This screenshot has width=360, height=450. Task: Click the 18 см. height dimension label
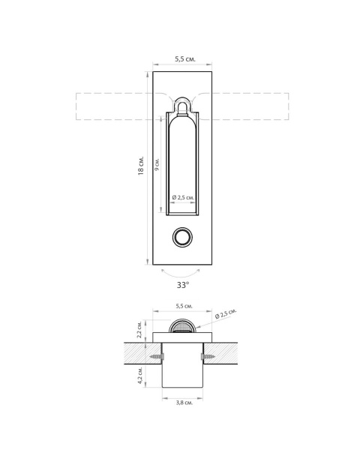pyautogui.click(x=141, y=166)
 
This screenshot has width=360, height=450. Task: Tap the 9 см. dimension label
pyautogui.click(x=157, y=165)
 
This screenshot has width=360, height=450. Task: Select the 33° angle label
pyautogui.click(x=182, y=285)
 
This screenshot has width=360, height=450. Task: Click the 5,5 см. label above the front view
pyautogui.click(x=185, y=59)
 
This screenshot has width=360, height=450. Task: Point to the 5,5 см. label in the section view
pyautogui.click(x=184, y=306)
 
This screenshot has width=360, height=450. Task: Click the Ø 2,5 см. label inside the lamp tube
pyautogui.click(x=183, y=197)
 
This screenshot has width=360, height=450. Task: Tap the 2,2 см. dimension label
pyautogui.click(x=139, y=329)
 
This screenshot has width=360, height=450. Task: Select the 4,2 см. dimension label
pyautogui.click(x=139, y=375)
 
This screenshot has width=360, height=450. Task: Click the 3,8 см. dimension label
pyautogui.click(x=184, y=403)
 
